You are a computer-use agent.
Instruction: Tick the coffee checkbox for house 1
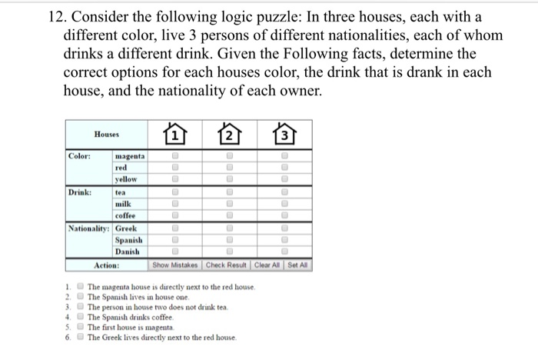coord(175,217)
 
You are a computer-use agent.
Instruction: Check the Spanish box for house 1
coord(175,242)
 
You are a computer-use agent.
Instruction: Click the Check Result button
coord(228,265)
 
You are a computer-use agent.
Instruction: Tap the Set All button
coord(297,265)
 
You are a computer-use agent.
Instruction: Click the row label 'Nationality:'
coord(89,229)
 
